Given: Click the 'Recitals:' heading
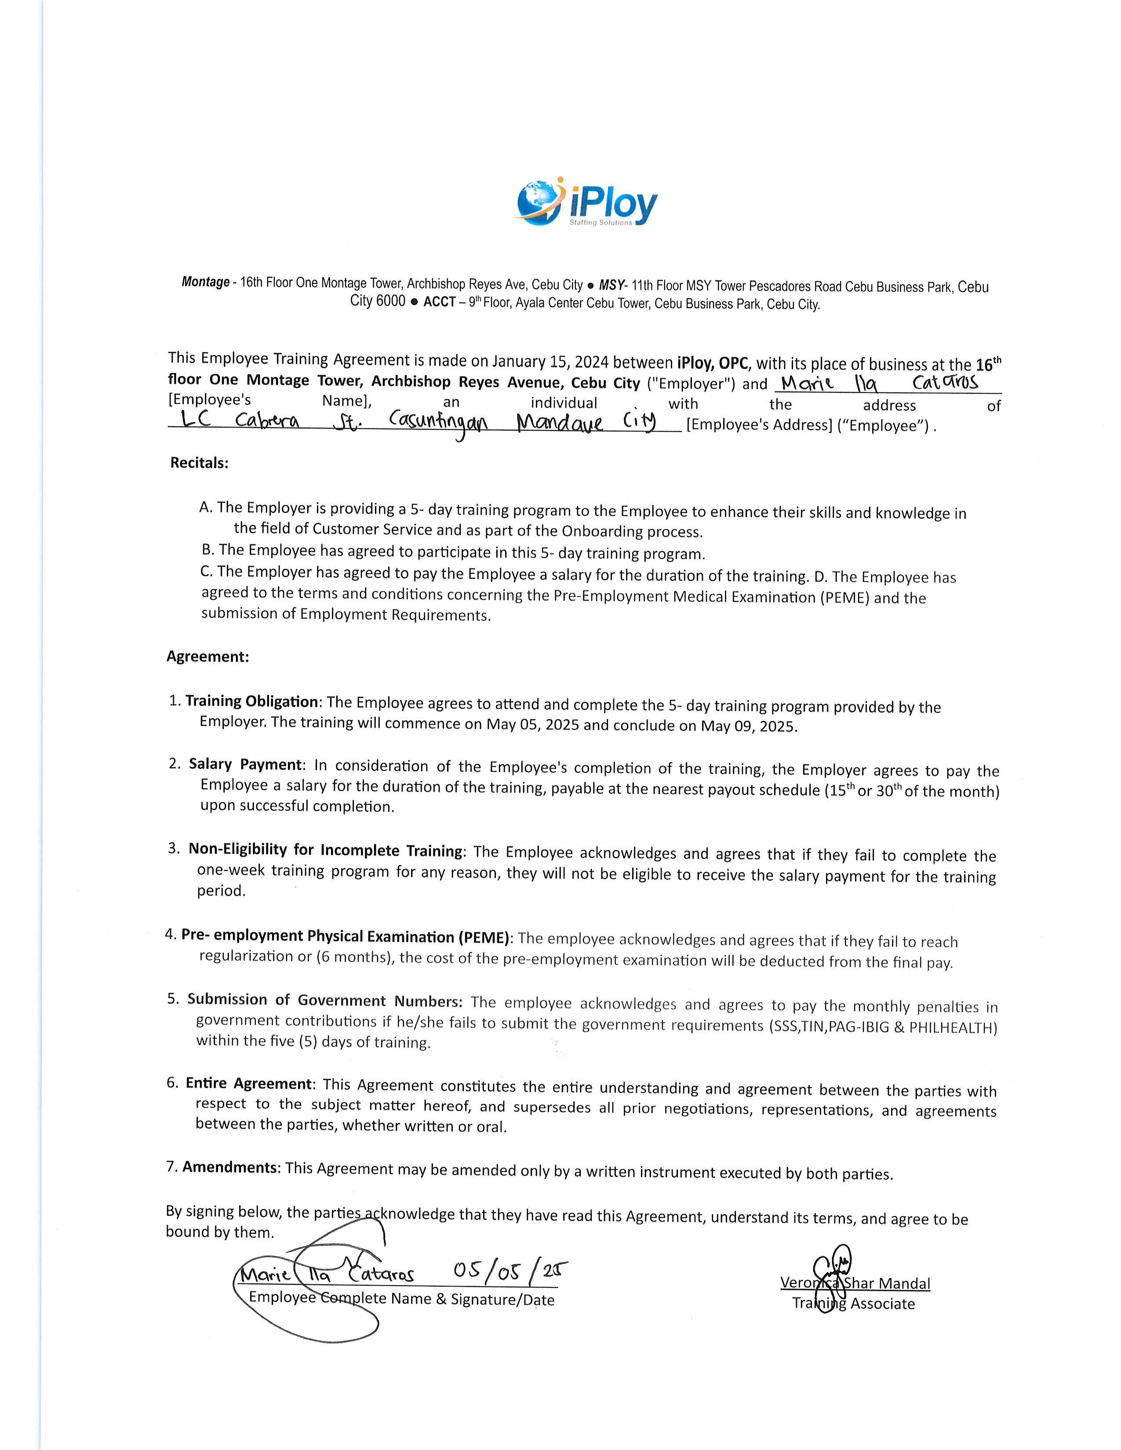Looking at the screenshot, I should tap(199, 463).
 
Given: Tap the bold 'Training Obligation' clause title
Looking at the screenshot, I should tap(252, 701).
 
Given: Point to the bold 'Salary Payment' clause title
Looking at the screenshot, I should tap(246, 764).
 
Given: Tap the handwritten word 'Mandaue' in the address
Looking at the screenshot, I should tap(559, 422).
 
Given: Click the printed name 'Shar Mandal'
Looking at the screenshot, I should tap(887, 1283).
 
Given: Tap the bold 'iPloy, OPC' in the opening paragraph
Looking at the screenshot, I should tap(713, 363).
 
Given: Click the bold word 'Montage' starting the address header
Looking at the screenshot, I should tap(205, 282).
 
